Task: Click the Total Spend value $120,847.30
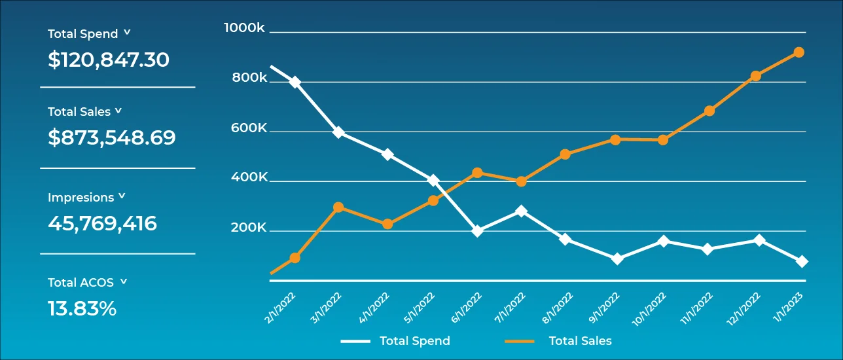tap(109, 60)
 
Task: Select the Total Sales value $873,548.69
tap(112, 138)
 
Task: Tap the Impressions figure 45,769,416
tap(103, 224)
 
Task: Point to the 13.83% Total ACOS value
tap(82, 309)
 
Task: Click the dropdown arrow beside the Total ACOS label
tap(124, 281)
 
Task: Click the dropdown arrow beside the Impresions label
tap(122, 196)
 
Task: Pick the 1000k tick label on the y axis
tap(244, 28)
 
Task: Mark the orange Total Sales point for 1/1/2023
tap(798, 52)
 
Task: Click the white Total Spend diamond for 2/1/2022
tap(295, 82)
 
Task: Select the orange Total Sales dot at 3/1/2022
tap(338, 207)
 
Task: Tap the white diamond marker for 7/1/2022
tap(521, 211)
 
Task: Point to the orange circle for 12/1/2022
tap(756, 76)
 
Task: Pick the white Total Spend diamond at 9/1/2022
tap(616, 259)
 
